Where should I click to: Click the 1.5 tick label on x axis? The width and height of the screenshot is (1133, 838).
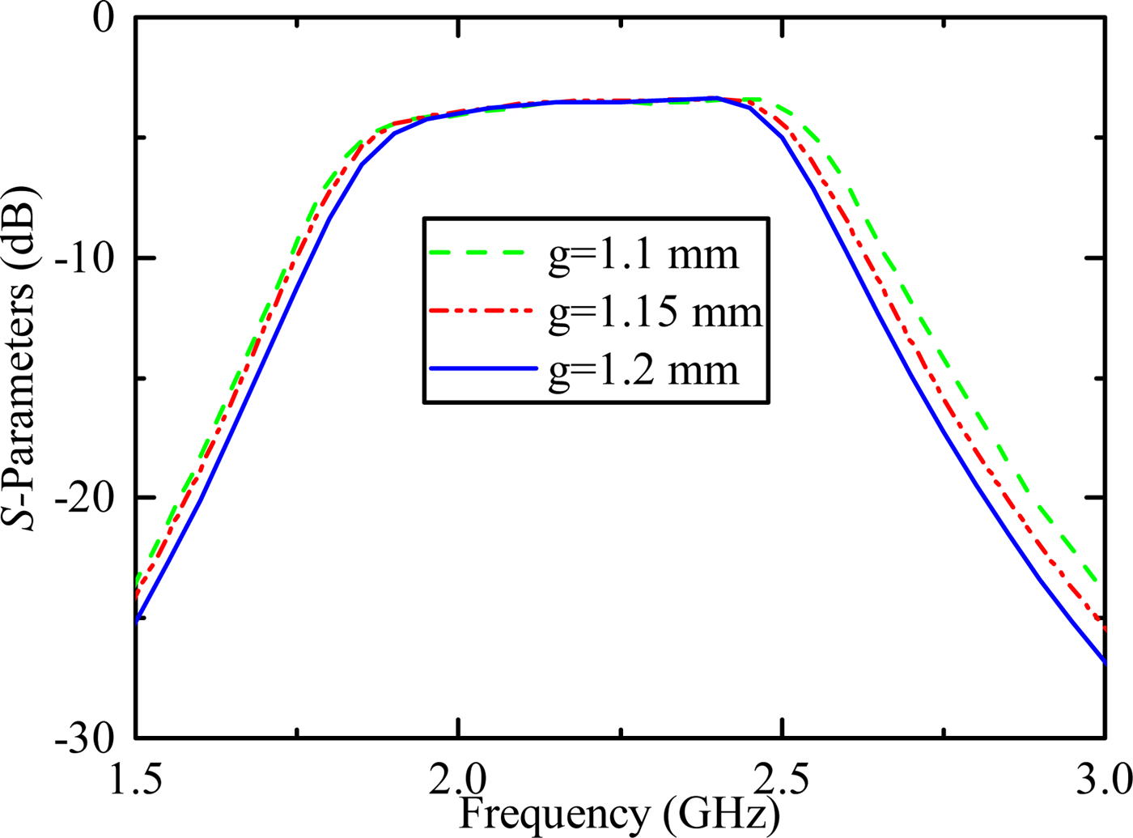(x=134, y=781)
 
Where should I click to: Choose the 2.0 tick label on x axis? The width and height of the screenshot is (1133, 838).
(x=458, y=781)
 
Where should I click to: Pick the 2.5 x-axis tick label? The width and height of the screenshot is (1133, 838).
(x=781, y=781)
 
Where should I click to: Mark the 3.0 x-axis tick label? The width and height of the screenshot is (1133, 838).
(x=1102, y=781)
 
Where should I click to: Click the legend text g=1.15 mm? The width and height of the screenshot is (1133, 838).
(x=656, y=312)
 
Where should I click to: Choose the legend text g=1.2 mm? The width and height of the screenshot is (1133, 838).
(x=643, y=370)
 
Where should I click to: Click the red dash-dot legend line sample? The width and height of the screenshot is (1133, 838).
(x=482, y=310)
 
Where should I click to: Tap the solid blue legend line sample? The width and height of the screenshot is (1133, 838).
(x=482, y=368)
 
